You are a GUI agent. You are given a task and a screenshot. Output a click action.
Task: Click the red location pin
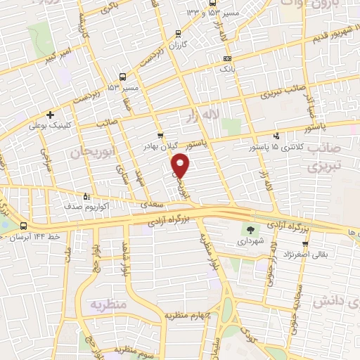point(181,164)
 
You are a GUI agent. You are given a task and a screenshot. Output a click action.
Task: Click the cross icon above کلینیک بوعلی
point(49,115)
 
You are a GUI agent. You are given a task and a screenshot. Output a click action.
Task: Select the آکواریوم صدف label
point(86,208)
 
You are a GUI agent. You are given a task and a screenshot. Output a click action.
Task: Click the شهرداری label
point(250,240)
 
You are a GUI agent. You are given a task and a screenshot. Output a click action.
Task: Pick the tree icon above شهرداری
point(250,229)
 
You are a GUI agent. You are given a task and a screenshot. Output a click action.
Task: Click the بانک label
point(227,70)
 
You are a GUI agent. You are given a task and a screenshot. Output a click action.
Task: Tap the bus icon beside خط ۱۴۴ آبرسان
point(25,226)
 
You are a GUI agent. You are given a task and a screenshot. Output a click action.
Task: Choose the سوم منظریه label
point(129,349)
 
